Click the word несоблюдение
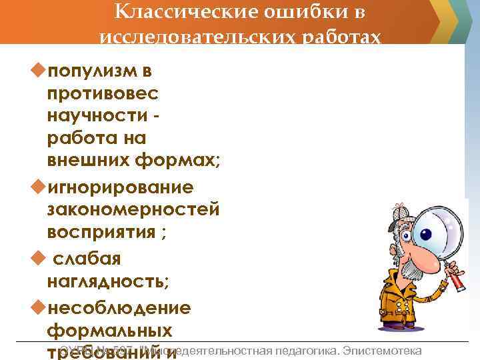(119, 307)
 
